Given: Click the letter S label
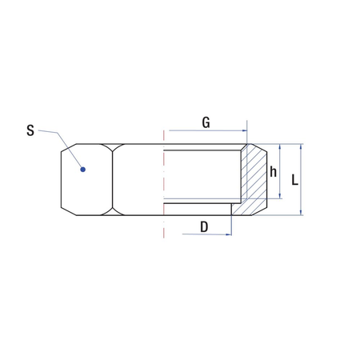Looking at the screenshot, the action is pyautogui.click(x=30, y=130).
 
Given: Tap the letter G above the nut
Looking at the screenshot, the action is pyautogui.click(x=206, y=122).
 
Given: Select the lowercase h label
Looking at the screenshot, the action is pyautogui.click(x=273, y=171).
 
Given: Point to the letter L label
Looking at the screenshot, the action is pyautogui.click(x=294, y=179).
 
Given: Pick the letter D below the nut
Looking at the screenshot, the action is pyautogui.click(x=204, y=227).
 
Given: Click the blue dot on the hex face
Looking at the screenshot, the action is pyautogui.click(x=83, y=170).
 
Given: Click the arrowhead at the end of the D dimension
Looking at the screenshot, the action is pyautogui.click(x=229, y=234).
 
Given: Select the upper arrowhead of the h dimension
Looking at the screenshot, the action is pyautogui.click(x=280, y=146).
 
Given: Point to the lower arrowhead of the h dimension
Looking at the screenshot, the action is pyautogui.click(x=280, y=196).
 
